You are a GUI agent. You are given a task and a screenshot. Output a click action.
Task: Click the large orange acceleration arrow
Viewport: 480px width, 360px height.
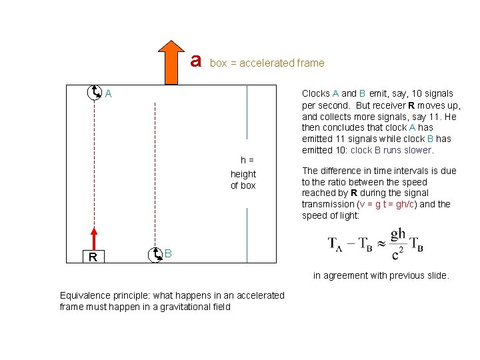point(172,63)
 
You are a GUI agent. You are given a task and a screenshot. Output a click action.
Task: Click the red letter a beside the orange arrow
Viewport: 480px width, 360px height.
point(195,60)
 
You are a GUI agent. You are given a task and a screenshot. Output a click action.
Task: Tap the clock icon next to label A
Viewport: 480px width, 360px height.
point(95,93)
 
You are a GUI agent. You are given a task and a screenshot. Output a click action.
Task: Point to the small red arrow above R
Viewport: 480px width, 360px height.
point(94,237)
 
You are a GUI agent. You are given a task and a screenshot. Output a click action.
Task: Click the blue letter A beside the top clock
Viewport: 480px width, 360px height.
point(108,95)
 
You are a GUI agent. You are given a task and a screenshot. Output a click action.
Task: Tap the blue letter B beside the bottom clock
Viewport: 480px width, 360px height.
point(169,254)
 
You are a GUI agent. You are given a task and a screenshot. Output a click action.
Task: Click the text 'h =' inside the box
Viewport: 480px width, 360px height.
point(247,160)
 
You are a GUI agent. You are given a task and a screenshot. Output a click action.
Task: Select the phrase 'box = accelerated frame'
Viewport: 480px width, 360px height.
point(267,63)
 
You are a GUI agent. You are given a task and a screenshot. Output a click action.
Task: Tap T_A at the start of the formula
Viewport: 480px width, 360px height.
point(337,243)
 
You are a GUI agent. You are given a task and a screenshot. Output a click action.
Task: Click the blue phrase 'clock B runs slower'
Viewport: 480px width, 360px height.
point(391,150)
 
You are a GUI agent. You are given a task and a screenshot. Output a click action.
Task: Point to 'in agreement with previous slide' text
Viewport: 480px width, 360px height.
point(381,275)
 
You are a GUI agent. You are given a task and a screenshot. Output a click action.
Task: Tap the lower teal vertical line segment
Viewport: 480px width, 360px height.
point(247,233)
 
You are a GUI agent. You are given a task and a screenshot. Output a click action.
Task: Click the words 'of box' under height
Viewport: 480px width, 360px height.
point(243,185)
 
